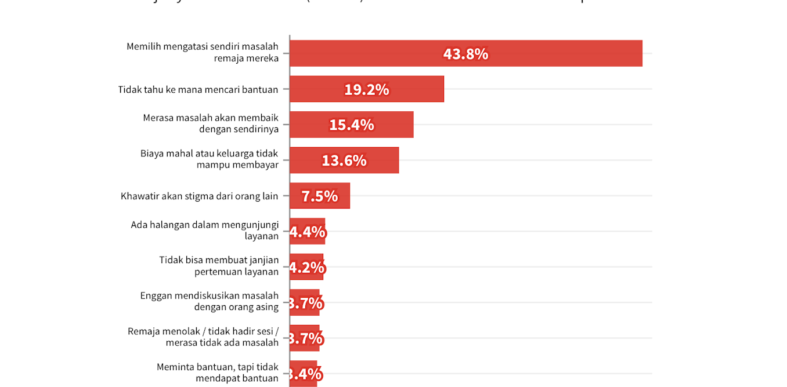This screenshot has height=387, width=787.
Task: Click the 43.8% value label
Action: pyautogui.click(x=465, y=54)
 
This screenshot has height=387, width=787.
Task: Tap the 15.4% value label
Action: pyautogui.click(x=351, y=125)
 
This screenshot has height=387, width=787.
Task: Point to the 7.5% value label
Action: pyautogui.click(x=319, y=196)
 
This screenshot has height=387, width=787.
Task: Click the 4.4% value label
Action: pyautogui.click(x=308, y=232)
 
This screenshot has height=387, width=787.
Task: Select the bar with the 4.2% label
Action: pyautogui.click(x=306, y=267)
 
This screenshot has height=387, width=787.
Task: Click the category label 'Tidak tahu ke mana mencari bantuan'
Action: pyautogui.click(x=198, y=89)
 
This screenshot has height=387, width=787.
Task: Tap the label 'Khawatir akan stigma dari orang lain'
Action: pyautogui.click(x=199, y=196)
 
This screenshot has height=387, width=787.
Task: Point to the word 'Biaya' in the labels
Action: pyautogui.click(x=152, y=154)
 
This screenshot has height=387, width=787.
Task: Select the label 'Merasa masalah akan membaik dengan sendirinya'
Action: pyautogui.click(x=211, y=123)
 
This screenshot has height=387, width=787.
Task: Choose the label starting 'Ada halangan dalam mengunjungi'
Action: pyautogui.click(x=204, y=230)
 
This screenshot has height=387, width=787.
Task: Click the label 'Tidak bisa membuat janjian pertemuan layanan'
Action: pyautogui.click(x=219, y=265)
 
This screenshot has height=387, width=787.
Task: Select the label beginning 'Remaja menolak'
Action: pyautogui.click(x=203, y=337)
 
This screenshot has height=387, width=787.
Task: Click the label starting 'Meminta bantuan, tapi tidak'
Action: pyautogui.click(x=217, y=372)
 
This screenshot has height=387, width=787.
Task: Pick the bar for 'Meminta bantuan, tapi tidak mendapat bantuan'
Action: pyautogui.click(x=304, y=374)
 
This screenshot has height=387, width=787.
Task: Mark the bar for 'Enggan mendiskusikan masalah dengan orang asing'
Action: pyautogui.click(x=305, y=302)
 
